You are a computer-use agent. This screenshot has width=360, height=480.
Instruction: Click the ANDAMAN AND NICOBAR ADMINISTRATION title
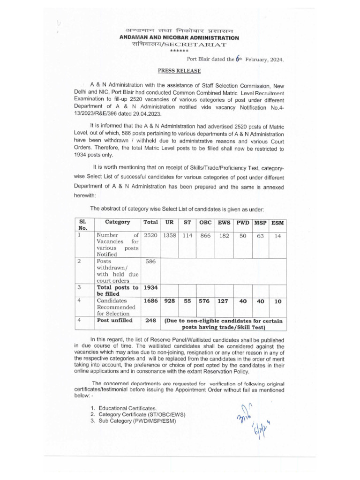coord(179,37)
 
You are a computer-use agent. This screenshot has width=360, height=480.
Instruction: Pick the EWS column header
coord(224,222)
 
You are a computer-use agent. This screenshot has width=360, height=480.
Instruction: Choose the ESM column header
coord(277,223)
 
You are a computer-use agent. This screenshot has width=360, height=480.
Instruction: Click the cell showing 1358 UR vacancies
coord(169,236)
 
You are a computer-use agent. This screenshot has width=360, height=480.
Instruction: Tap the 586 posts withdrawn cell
coord(150,262)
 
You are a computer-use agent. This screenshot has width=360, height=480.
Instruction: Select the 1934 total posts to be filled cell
coord(150,287)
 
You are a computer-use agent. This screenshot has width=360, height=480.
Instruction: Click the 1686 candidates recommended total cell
coord(150,301)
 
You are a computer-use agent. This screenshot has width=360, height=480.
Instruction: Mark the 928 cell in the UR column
coord(169,301)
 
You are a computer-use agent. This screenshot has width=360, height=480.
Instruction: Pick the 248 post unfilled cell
coord(150,321)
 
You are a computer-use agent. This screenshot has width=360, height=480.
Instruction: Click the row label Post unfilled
coord(114,321)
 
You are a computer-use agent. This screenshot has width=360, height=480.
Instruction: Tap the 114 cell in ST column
coord(187,236)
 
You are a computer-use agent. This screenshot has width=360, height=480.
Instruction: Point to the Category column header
coord(117,222)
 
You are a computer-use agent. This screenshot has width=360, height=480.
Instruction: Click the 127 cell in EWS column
coord(224,301)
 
